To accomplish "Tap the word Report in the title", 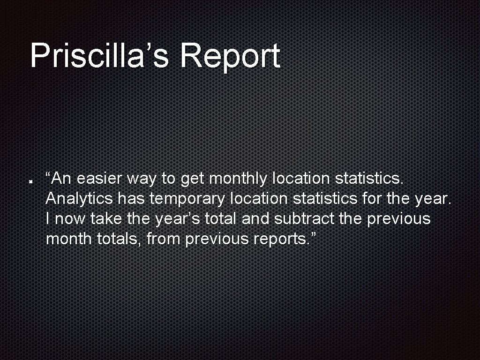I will pyautogui.click(x=230, y=56).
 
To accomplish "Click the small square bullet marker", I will pyautogui.click(x=30, y=180).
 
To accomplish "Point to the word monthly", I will pyautogui.click(x=238, y=179).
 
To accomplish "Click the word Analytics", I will pyautogui.click(x=79, y=199).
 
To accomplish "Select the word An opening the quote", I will pyautogui.click(x=61, y=179).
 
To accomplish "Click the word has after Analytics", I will pyautogui.click(x=131, y=199).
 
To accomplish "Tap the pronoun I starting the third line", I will pyautogui.click(x=48, y=219).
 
